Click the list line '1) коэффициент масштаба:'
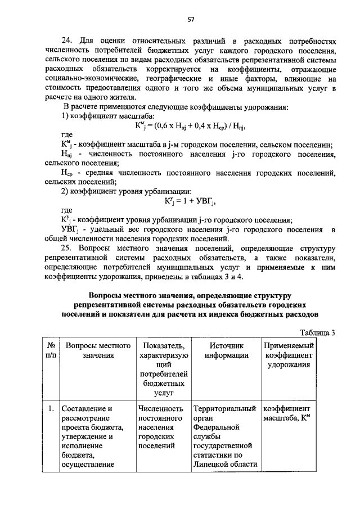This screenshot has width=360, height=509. click(x=103, y=116)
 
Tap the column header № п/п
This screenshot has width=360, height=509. click(x=49, y=350)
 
